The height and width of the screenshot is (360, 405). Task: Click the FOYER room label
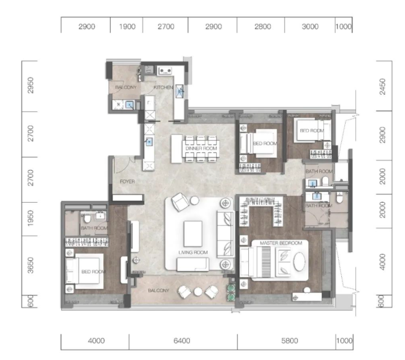click(127, 182)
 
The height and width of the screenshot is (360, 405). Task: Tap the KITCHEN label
click(163, 87)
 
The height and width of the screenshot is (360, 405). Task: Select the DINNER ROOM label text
click(201, 148)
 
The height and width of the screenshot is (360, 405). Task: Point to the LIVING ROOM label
click(193, 252)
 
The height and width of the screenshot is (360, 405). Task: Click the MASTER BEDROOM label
click(281, 243)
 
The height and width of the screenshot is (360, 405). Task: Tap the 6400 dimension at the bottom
click(182, 341)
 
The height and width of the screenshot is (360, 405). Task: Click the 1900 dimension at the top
click(127, 26)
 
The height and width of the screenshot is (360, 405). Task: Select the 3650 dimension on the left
click(31, 265)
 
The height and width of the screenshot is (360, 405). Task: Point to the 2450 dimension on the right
click(383, 86)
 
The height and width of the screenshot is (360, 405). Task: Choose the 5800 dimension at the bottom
click(290, 341)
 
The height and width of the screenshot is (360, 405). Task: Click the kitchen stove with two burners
click(165, 70)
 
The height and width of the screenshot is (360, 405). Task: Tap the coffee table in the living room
click(193, 234)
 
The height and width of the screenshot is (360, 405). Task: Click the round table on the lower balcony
click(198, 292)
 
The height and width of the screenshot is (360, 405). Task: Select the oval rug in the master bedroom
click(299, 261)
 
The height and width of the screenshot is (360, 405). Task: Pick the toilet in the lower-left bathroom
click(87, 219)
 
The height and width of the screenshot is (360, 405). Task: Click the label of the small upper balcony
click(126, 87)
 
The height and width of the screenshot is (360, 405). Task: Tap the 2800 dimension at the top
click(263, 26)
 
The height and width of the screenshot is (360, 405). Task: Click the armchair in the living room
click(181, 202)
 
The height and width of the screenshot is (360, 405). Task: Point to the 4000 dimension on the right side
click(383, 262)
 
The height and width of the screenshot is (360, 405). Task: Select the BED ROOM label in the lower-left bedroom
click(94, 272)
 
